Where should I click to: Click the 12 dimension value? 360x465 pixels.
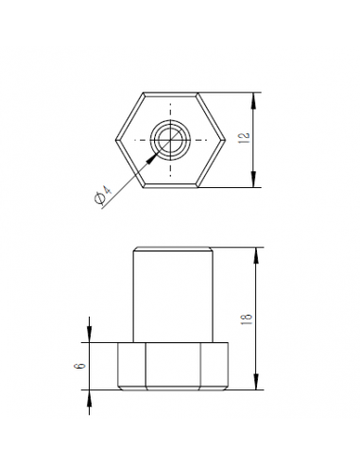245,139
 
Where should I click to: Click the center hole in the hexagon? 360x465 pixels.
170,140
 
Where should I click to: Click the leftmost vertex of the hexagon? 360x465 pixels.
115,140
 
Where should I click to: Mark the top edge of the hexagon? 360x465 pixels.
170,93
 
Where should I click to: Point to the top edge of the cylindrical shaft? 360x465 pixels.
170,248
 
